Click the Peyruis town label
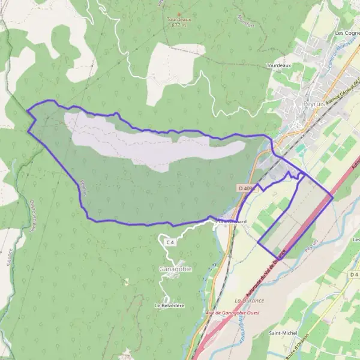(x=314, y=104)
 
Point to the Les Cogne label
(x=347, y=33)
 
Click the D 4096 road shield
(x=247, y=188)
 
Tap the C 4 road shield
(x=170, y=242)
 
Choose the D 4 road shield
(x=353, y=274)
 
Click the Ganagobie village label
(x=175, y=269)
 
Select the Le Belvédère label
(x=169, y=305)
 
